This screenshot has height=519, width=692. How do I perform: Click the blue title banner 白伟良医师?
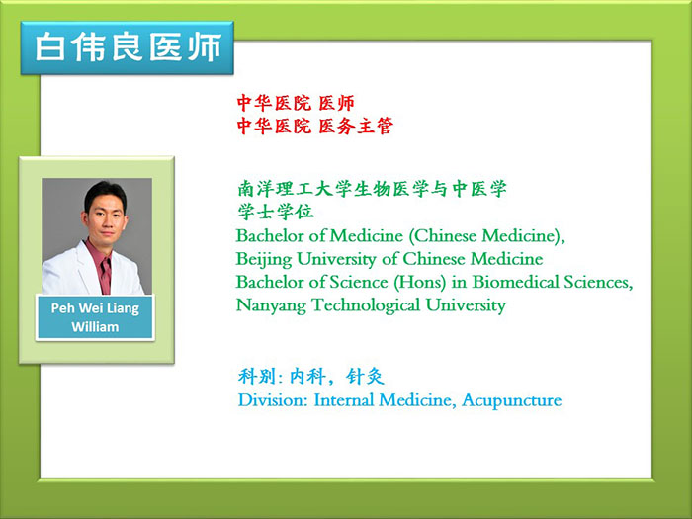tap(128, 47)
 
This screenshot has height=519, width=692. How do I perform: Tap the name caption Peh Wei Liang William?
tap(95, 317)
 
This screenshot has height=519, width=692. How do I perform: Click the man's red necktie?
tap(106, 275)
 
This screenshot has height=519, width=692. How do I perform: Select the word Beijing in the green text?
tap(264, 259)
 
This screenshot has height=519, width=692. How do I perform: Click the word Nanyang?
tap(271, 305)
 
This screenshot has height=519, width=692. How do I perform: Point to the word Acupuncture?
tap(512, 400)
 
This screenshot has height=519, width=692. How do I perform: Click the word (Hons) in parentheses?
tap(420, 282)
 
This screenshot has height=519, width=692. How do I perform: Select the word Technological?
tap(366, 304)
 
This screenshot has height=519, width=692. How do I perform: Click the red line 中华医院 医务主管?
tap(314, 127)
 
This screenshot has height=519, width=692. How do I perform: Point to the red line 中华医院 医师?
tap(296, 103)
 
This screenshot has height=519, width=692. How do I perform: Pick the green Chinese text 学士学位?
tap(276, 212)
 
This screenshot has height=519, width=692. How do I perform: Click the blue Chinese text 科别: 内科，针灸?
tap(310, 377)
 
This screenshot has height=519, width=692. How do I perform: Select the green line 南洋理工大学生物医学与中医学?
tap(372, 189)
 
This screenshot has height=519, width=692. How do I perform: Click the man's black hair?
tap(106, 194)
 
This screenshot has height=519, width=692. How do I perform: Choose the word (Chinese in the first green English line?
tap(442, 235)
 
